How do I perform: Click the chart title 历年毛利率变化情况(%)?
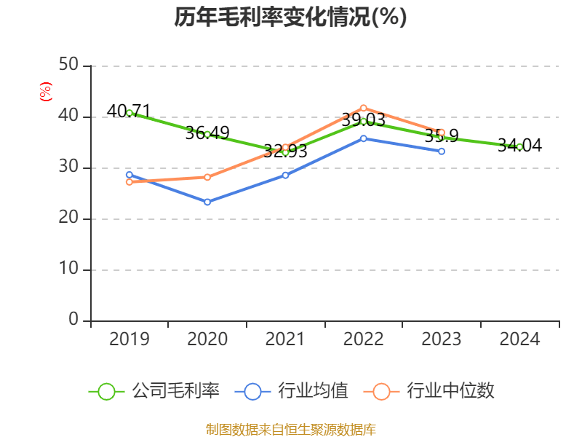click(290, 16)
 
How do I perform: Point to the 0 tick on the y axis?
click(74, 320)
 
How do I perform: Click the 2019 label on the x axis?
click(129, 339)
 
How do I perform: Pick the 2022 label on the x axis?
click(363, 339)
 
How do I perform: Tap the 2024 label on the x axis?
click(519, 339)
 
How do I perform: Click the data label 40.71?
click(129, 111)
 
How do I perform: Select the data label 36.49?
click(207, 133)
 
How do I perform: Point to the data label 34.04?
click(519, 146)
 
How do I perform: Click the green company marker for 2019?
click(129, 113)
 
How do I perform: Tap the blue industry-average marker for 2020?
click(207, 202)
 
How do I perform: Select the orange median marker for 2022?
click(364, 108)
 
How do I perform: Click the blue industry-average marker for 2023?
click(442, 151)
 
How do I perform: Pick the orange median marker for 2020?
click(207, 177)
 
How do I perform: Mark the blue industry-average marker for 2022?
click(364, 138)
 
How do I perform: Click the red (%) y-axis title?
click(45, 91)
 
